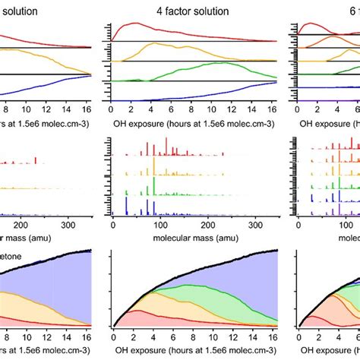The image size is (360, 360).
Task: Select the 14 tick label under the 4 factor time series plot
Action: point(248,109)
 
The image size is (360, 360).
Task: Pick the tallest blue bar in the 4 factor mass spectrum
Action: point(126,203)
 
